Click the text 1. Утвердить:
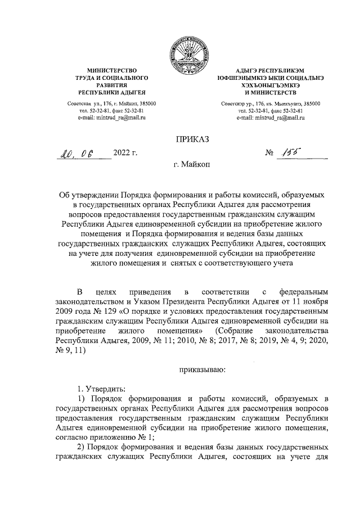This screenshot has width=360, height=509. click(102, 389)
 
